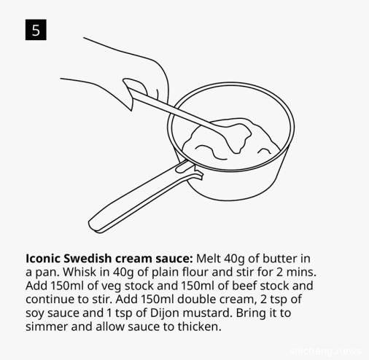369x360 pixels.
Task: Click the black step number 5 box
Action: (36, 30)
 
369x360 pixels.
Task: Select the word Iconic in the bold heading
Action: (43, 259)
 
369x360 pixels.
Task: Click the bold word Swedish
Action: (88, 259)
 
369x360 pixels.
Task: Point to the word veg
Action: (111, 286)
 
